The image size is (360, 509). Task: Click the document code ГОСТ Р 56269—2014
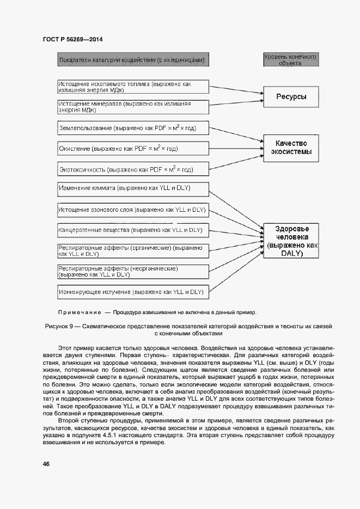click(72, 39)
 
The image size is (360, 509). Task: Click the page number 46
click(47, 463)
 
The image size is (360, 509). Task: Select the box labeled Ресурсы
click(291, 97)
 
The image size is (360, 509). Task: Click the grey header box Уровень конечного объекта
click(290, 59)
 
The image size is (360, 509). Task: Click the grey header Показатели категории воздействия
click(132, 59)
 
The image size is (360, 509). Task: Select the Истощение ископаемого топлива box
click(133, 87)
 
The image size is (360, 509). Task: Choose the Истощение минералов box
click(133, 106)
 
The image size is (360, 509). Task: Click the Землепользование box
click(133, 128)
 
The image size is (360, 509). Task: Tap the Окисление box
click(133, 148)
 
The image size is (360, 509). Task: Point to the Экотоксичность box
click(133, 169)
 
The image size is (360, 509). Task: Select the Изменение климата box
click(133, 189)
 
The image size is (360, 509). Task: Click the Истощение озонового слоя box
click(133, 210)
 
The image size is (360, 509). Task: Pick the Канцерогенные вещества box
click(133, 230)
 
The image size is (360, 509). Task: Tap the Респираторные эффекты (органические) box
click(133, 250)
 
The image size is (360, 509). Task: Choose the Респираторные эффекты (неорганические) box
click(133, 271)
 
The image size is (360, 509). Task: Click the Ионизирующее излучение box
click(133, 292)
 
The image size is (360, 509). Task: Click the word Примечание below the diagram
click(80, 312)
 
